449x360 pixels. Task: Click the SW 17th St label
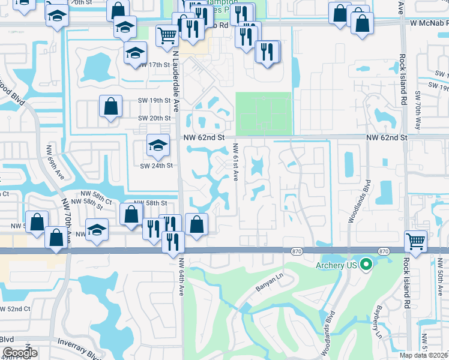click(158, 64)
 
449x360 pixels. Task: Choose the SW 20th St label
click(154, 118)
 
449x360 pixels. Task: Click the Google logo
click(20, 353)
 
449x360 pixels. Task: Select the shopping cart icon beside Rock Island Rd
click(415, 241)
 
